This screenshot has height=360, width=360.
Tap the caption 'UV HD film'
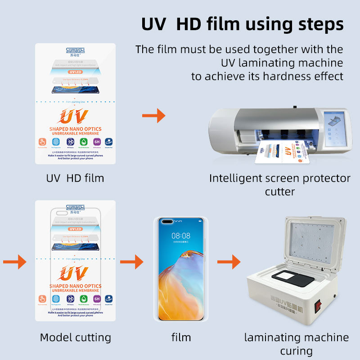[75, 178]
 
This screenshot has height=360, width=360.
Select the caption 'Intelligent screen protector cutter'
[279, 184]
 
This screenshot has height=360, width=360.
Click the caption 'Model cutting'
[75, 337]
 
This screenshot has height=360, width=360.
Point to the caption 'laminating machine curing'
[296, 344]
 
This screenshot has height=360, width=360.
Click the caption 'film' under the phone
[181, 337]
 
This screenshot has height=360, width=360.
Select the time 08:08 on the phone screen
[181, 235]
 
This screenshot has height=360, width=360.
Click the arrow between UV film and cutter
[153, 117]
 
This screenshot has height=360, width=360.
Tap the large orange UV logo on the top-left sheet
[75, 117]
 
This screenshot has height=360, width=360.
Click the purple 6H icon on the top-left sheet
[97, 143]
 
